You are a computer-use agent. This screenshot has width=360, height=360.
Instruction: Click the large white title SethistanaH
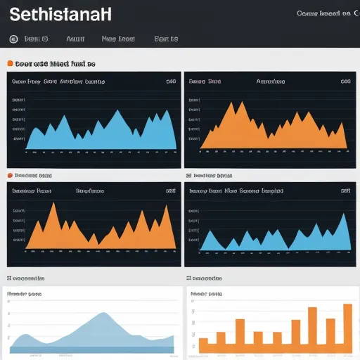pos(60,14)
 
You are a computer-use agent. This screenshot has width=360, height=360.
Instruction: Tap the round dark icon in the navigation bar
pos(14,39)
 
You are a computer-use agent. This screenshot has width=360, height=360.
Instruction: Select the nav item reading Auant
pos(75,39)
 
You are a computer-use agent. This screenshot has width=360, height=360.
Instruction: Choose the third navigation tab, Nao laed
pos(117,39)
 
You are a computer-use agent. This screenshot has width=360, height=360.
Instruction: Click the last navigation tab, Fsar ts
pos(166,39)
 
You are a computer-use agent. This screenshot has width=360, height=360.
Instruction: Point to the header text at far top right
pos(323,13)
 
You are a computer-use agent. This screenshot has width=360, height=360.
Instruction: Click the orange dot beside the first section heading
pos(10,63)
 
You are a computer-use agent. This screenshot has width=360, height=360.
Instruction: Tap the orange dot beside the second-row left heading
pos(10,175)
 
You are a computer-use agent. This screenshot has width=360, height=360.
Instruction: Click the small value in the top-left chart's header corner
pos(170,82)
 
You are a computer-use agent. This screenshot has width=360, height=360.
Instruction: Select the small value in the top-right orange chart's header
pos(345,82)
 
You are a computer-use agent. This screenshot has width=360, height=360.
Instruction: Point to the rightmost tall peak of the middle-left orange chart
pos(165,205)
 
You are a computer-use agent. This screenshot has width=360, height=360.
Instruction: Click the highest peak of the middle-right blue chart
pos(344,214)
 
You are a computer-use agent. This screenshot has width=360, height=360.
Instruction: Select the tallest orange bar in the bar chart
pos(347,304)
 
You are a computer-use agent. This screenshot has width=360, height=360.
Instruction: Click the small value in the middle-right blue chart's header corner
pos(345,190)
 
